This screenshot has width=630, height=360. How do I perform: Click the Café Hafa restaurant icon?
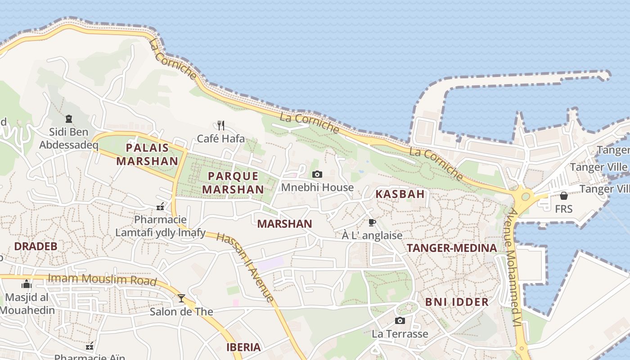[x=220, y=125]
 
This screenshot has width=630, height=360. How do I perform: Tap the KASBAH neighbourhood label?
[x=400, y=194]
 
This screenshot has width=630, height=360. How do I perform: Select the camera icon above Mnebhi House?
[x=317, y=174]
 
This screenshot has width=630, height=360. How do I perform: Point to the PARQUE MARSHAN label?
[x=233, y=183]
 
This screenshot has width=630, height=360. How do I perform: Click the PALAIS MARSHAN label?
[x=147, y=154]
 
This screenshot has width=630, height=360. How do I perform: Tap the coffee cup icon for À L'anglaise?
[x=372, y=222]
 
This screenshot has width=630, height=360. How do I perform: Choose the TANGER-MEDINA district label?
[x=452, y=248]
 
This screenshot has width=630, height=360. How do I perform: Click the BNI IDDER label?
[x=457, y=302]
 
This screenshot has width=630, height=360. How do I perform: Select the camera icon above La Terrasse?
[x=400, y=320]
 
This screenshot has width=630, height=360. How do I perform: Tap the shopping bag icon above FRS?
[x=563, y=196]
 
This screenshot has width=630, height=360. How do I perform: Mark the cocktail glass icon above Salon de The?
[x=181, y=298]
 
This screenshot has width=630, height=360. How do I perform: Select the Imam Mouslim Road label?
[x=102, y=279]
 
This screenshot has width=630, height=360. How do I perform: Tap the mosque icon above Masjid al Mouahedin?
[x=27, y=284]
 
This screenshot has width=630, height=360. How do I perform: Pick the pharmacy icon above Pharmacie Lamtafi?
[x=160, y=207]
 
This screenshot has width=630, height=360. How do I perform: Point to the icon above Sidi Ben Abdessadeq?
[x=69, y=119]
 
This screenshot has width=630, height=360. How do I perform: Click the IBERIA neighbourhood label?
[x=243, y=347]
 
